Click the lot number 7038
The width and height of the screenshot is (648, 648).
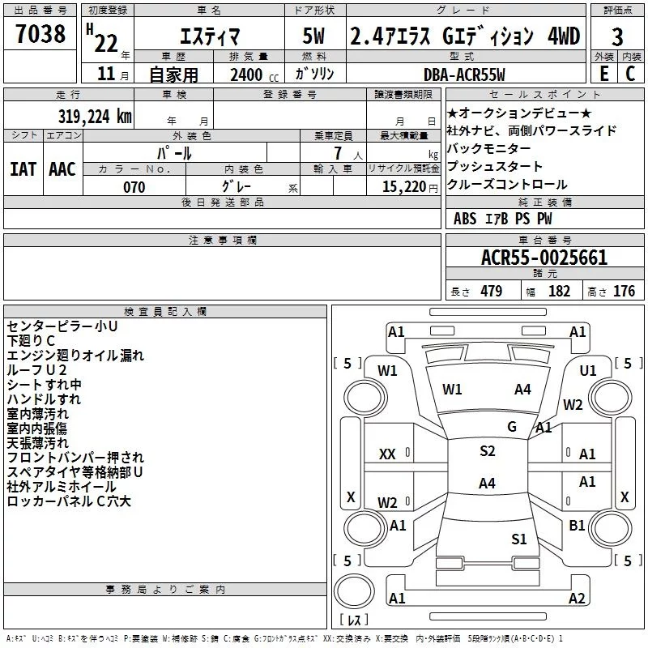[40, 34]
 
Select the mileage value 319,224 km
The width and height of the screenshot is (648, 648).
[95, 116]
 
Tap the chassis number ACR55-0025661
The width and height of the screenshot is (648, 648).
[544, 258]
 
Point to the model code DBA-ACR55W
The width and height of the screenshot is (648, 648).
[464, 75]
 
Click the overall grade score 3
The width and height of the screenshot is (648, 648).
[617, 37]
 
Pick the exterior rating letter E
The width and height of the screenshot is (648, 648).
[604, 74]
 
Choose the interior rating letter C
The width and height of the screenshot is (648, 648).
[630, 74]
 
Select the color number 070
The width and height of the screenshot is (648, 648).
[134, 187]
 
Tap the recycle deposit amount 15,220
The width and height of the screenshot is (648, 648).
[404, 187]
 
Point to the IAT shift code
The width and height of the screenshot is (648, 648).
[23, 169]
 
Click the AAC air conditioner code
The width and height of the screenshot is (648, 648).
[62, 169]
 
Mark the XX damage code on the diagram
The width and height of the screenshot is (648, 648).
[387, 454]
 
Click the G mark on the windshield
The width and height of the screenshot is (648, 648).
[512, 427]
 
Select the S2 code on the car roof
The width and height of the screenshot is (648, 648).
[488, 451]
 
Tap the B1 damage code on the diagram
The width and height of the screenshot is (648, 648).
[577, 525]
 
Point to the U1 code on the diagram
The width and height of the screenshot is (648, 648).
[588, 371]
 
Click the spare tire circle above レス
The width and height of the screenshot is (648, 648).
[354, 591]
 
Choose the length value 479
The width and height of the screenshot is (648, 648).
[492, 291]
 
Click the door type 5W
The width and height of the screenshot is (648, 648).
[313, 36]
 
